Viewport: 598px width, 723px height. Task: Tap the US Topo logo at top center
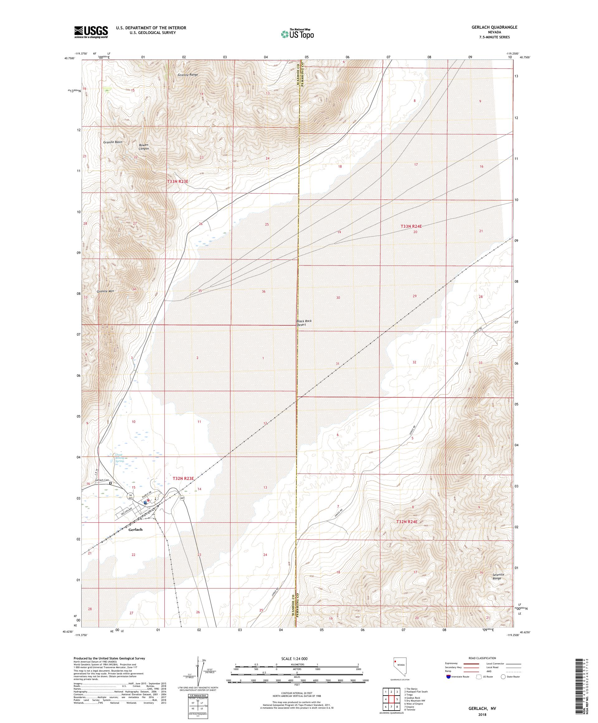pyautogui.click(x=298, y=34)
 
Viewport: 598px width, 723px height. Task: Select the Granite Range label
pyautogui.click(x=188, y=74)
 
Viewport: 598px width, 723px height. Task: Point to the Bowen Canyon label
pyautogui.click(x=144, y=147)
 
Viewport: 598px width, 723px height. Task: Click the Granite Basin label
pyautogui.click(x=112, y=142)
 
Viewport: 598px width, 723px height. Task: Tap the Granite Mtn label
pyautogui.click(x=105, y=291)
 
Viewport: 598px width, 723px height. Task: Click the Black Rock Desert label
pyautogui.click(x=304, y=323)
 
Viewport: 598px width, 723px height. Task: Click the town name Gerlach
pyautogui.click(x=135, y=529)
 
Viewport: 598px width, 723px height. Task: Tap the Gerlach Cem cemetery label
pyautogui.click(x=102, y=480)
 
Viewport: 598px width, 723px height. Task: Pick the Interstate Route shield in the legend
pyautogui.click(x=448, y=677)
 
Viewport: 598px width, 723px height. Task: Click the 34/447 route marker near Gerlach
pyautogui.click(x=131, y=496)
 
